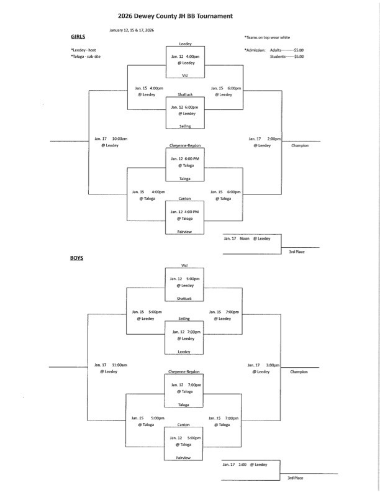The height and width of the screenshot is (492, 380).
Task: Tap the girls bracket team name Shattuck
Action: (x=184, y=96)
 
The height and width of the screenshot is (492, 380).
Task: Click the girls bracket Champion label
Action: (x=299, y=145)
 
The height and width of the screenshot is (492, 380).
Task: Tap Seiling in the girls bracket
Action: (x=184, y=126)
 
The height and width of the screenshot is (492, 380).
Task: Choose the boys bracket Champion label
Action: (x=299, y=371)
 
